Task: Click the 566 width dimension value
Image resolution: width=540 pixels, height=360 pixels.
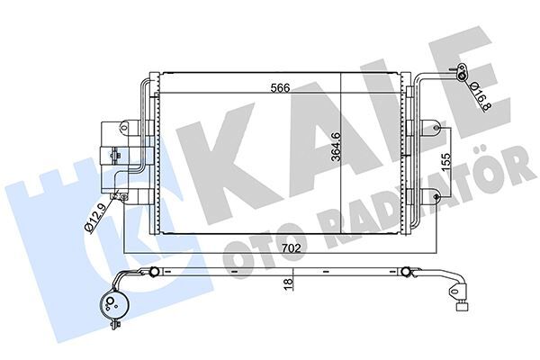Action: pos(280,87)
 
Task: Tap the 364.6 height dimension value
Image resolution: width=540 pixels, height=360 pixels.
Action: pos(336,147)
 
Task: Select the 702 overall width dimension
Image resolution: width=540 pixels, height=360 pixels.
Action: pos(291,248)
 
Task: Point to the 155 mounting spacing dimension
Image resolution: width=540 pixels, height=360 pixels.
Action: pos(446,161)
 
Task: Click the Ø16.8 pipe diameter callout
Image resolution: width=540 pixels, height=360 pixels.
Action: pos(480,97)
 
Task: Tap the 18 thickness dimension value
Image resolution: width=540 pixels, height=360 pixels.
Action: pos(289,282)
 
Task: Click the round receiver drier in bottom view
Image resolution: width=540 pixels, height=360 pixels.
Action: pos(111,303)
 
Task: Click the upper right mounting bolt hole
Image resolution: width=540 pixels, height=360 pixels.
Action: pos(436,128)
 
